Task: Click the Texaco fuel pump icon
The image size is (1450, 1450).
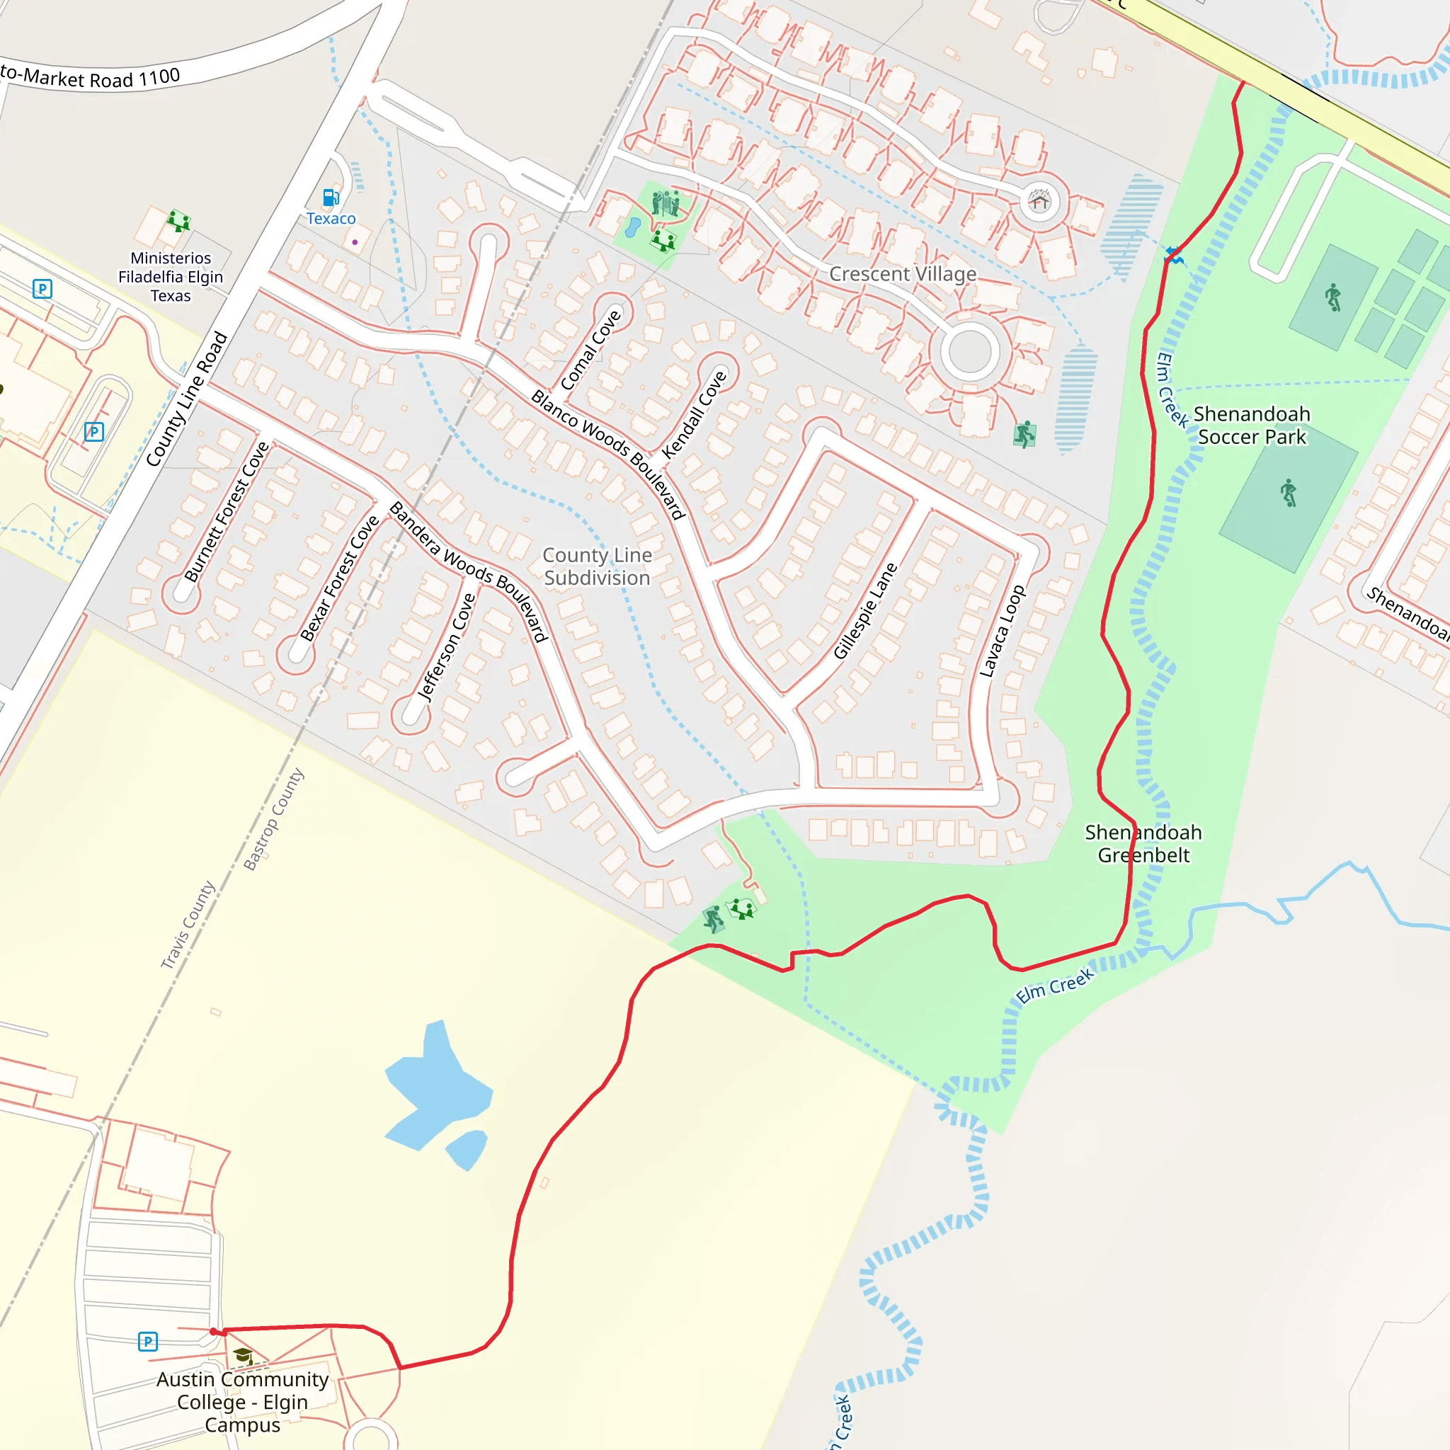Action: click(330, 198)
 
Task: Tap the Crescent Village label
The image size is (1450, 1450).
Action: click(902, 274)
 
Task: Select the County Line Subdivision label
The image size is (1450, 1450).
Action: click(598, 566)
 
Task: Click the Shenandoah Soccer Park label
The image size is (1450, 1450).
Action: click(1252, 426)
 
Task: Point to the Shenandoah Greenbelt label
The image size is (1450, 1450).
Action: click(1143, 843)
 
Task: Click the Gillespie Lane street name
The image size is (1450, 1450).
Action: click(865, 611)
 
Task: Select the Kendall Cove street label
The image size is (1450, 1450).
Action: click(695, 414)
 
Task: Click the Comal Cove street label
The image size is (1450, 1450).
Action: click(590, 350)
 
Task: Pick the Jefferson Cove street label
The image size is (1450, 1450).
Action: click(447, 647)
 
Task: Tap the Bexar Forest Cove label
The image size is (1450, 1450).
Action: click(339, 578)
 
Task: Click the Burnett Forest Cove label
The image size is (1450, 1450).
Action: click(226, 512)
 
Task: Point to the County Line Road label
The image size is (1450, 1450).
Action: click(186, 399)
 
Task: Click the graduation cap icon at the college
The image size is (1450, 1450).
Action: click(242, 1355)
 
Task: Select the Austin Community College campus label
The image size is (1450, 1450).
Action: click(242, 1401)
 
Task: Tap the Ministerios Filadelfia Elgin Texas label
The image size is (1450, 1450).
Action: click(171, 277)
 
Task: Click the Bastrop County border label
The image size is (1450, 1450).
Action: click(274, 819)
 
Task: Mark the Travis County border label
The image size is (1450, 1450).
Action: click(188, 925)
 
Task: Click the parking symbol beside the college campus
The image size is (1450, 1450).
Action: click(148, 1341)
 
